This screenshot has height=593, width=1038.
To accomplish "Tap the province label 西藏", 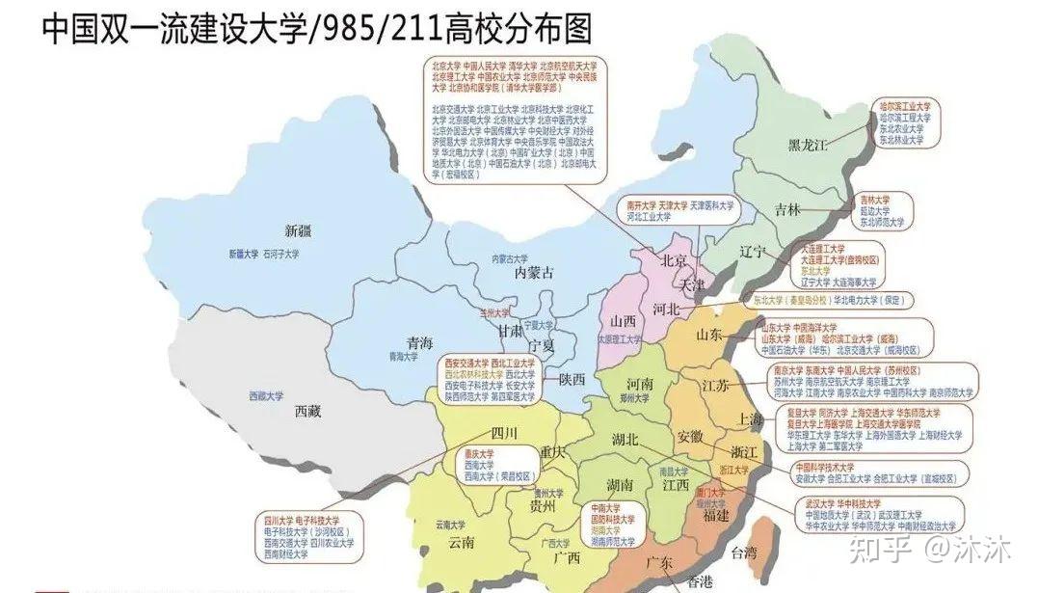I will click(307, 411).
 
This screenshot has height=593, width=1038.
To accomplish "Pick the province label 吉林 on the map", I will click(786, 210).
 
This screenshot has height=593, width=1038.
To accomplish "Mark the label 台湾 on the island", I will click(744, 553).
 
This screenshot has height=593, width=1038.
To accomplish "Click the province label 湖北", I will click(625, 440).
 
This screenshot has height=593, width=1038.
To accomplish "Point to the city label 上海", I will click(749, 419).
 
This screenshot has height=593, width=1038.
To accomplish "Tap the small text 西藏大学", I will click(266, 395).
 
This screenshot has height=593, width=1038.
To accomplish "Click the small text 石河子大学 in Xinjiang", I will click(281, 255).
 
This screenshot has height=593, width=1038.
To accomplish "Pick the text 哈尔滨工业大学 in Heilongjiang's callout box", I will click(904, 107).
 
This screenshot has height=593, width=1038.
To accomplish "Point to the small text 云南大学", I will click(450, 526).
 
